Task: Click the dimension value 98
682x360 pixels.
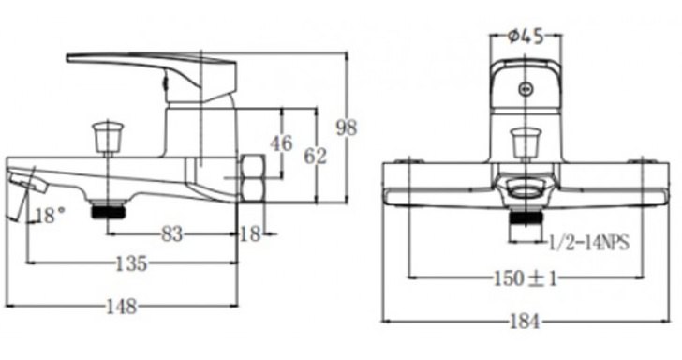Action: pos(348,127)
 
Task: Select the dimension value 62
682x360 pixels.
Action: pos(316,156)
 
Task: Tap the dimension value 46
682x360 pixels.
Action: pos(281,143)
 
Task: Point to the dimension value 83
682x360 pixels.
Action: pos(171,234)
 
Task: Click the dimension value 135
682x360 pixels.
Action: pos(131,263)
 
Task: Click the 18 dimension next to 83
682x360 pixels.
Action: pos(249,234)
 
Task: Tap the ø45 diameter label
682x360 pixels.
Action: pos(526,37)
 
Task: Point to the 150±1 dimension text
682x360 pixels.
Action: pos(526,278)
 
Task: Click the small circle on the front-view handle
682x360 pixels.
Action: pos(526,90)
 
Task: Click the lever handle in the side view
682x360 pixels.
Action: pos(150,64)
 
